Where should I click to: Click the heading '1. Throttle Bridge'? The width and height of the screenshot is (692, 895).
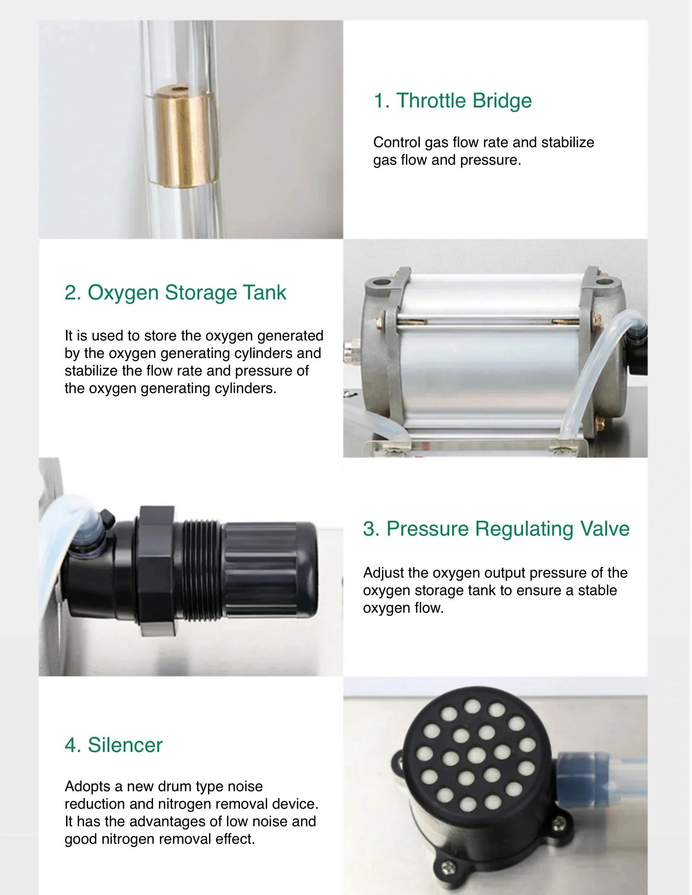pyautogui.click(x=453, y=101)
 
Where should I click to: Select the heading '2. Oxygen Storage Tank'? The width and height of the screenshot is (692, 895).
pyautogui.click(x=175, y=292)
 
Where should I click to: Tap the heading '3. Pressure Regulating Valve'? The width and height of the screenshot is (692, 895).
pyautogui.click(x=496, y=529)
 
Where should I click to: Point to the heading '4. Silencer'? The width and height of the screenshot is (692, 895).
pyautogui.click(x=113, y=745)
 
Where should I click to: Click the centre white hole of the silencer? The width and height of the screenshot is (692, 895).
pyautogui.click(x=476, y=755)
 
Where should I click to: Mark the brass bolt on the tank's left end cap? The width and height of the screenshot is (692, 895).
pyautogui.click(x=380, y=319)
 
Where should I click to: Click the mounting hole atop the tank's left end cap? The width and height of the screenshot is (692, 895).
pyautogui.click(x=382, y=281)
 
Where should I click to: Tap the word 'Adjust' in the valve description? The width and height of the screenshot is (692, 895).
pyautogui.click(x=383, y=573)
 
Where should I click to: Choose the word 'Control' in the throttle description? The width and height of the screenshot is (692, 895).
pyautogui.click(x=397, y=142)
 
